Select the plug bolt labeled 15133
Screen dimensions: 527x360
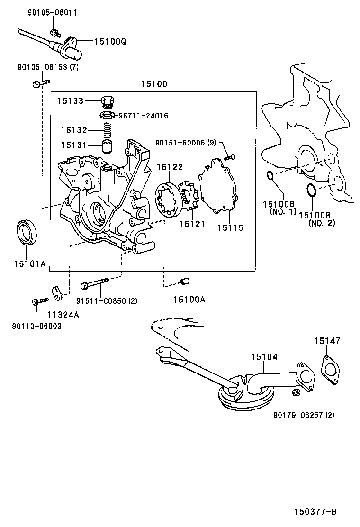pyautogui.click(x=108, y=101)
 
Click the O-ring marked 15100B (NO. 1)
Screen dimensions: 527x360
pyautogui.click(x=269, y=176)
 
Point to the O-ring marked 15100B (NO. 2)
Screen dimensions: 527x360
pyautogui.click(x=311, y=190)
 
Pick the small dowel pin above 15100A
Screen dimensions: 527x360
pyautogui.click(x=185, y=282)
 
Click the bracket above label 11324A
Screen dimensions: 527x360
pyautogui.click(x=57, y=293)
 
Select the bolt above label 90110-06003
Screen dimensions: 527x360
pyautogui.click(x=40, y=300)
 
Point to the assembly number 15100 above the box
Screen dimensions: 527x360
pyautogui.click(x=153, y=84)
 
